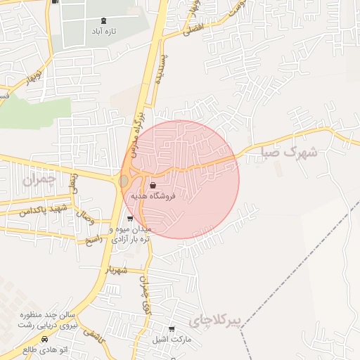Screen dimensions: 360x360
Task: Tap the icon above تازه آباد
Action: click(105, 20)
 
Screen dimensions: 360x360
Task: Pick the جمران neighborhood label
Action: click(37, 181)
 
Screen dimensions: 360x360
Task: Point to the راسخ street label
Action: click(93, 240)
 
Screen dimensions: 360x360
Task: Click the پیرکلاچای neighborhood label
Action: click(215, 322)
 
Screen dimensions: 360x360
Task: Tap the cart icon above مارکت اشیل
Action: click(172, 328)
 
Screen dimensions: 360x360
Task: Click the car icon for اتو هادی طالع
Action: click(46, 338)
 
